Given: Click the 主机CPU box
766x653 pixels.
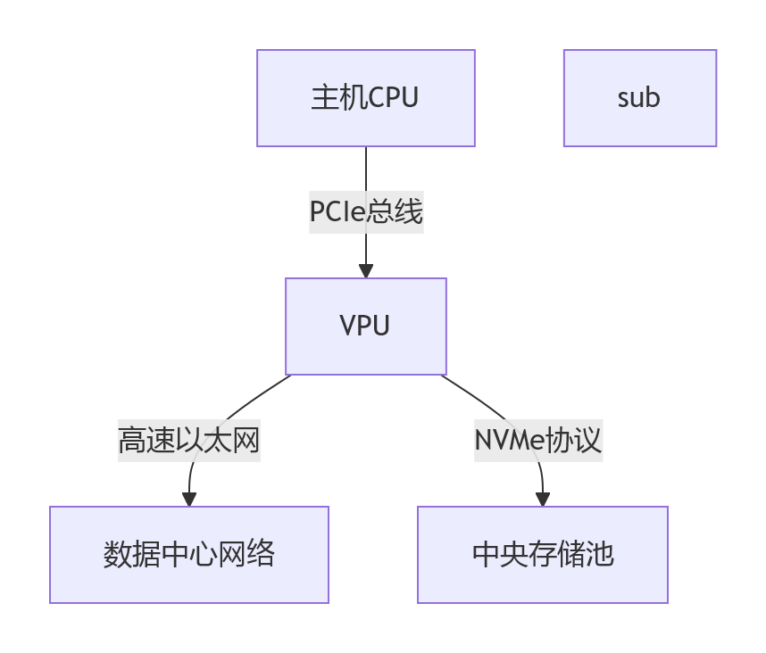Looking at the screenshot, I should tap(365, 98).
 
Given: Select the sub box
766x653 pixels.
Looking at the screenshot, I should tap(639, 98).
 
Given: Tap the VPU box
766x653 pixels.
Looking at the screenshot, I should tap(365, 326).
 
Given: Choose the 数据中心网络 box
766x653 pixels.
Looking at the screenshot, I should tap(188, 555).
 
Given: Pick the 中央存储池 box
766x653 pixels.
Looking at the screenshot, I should tap(542, 555).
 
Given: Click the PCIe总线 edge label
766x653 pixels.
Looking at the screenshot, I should tap(365, 212).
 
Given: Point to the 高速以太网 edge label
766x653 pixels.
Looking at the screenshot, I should tap(188, 441).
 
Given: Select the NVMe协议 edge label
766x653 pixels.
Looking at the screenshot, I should tap(537, 441).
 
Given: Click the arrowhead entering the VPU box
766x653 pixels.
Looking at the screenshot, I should tap(365, 270).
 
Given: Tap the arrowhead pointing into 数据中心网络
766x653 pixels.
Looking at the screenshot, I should tap(188, 499).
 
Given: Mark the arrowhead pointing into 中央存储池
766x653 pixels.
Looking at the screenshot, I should tap(542, 499).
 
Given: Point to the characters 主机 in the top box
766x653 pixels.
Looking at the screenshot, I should tap(338, 98).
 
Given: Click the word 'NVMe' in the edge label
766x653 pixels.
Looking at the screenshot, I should tap(505, 441).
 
